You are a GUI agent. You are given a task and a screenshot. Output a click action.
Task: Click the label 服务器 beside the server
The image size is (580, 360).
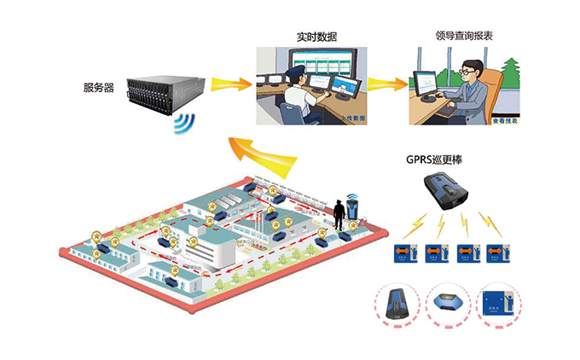tap(100, 87)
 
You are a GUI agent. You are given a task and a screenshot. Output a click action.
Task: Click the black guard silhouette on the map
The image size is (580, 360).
tap(339, 214)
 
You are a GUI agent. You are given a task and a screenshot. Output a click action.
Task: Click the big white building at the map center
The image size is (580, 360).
tap(213, 247)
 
